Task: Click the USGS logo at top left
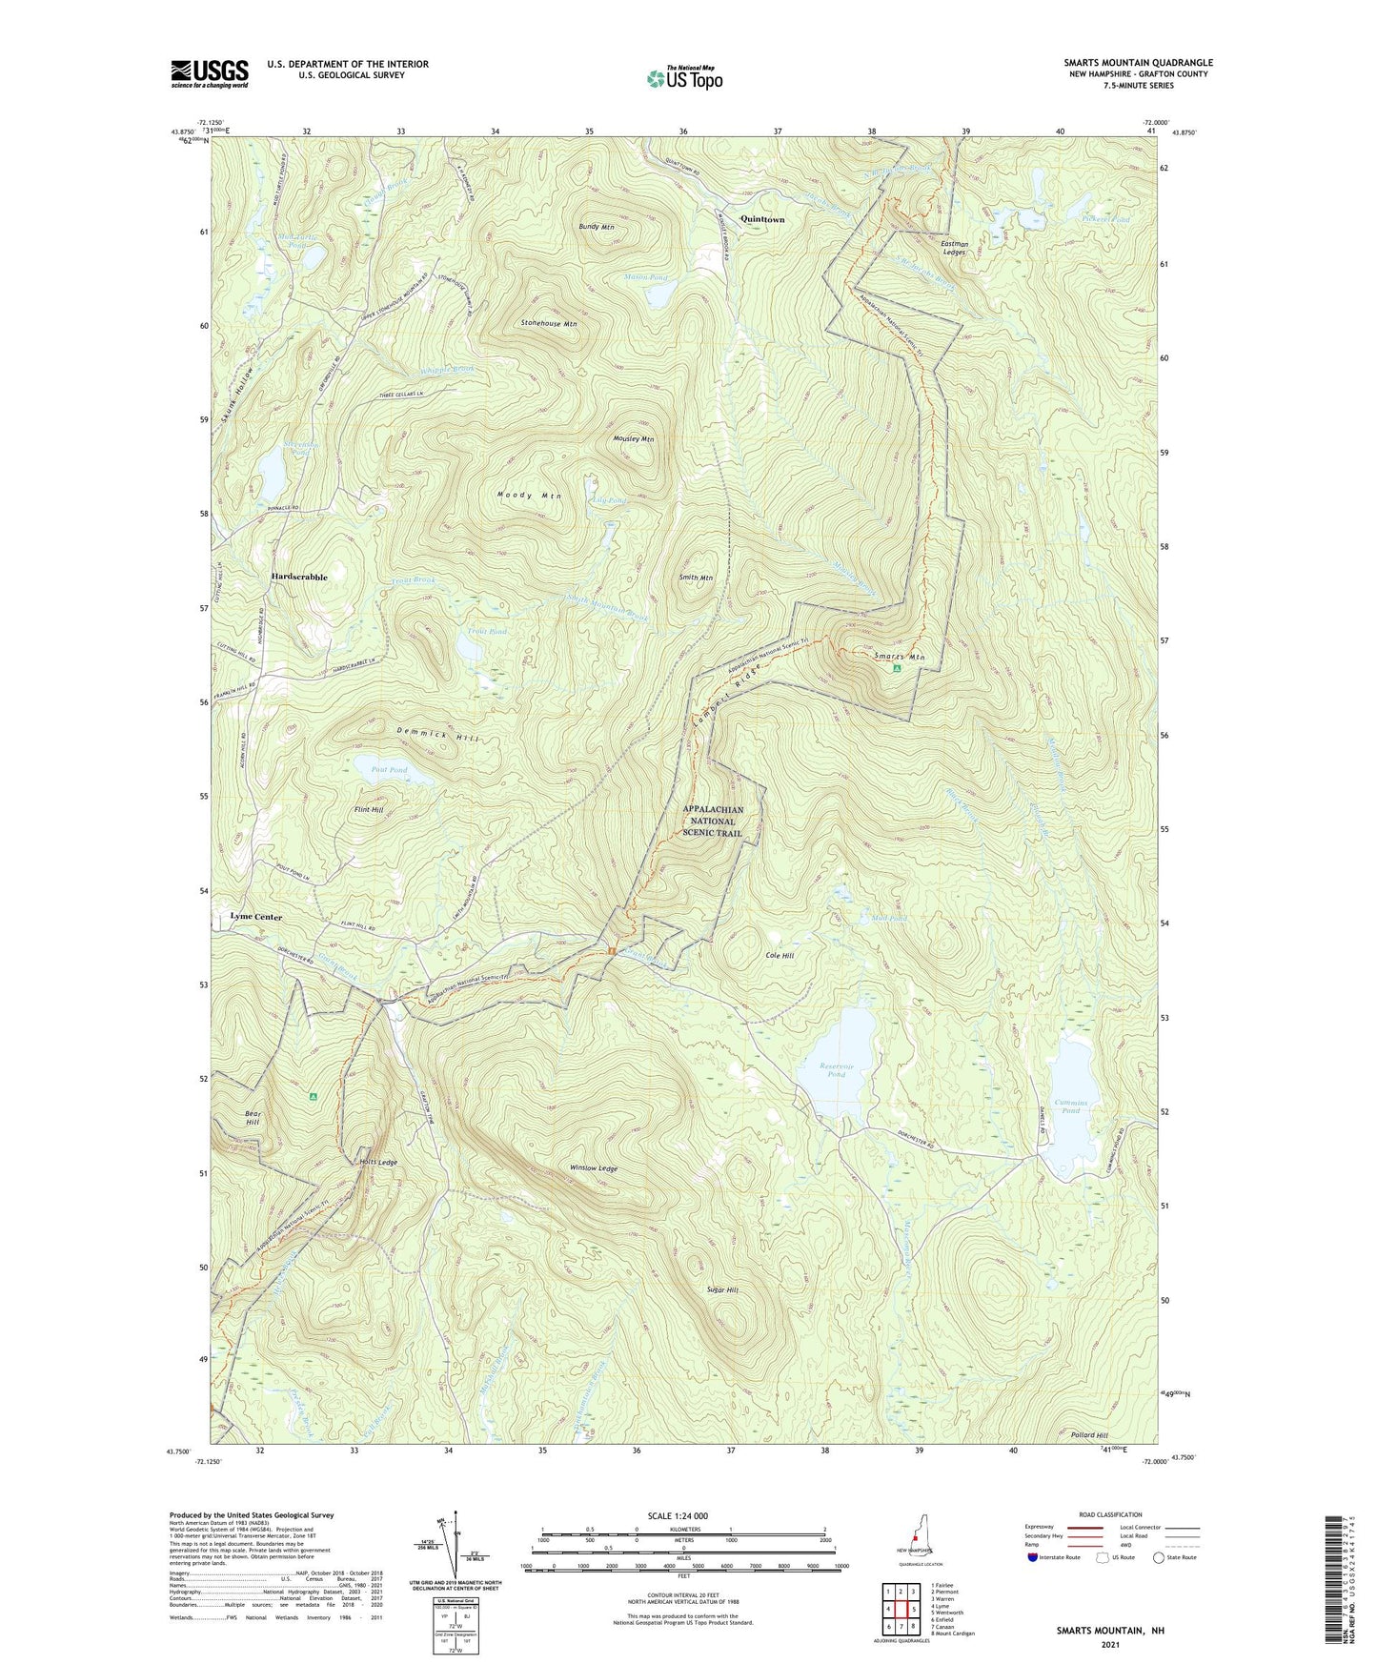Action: pos(210,73)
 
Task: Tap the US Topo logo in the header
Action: pos(684,78)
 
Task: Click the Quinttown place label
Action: pos(762,220)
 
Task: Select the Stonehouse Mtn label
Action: pos(548,324)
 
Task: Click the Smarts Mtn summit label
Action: pos(899,657)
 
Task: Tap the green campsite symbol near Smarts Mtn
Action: pos(896,669)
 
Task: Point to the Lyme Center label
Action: pos(255,917)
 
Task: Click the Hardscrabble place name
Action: pos(298,578)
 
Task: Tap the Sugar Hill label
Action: pos(721,1290)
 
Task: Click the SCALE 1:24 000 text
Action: pos(677,1516)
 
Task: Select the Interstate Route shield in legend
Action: pos(1033,1557)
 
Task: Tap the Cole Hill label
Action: pos(779,955)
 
